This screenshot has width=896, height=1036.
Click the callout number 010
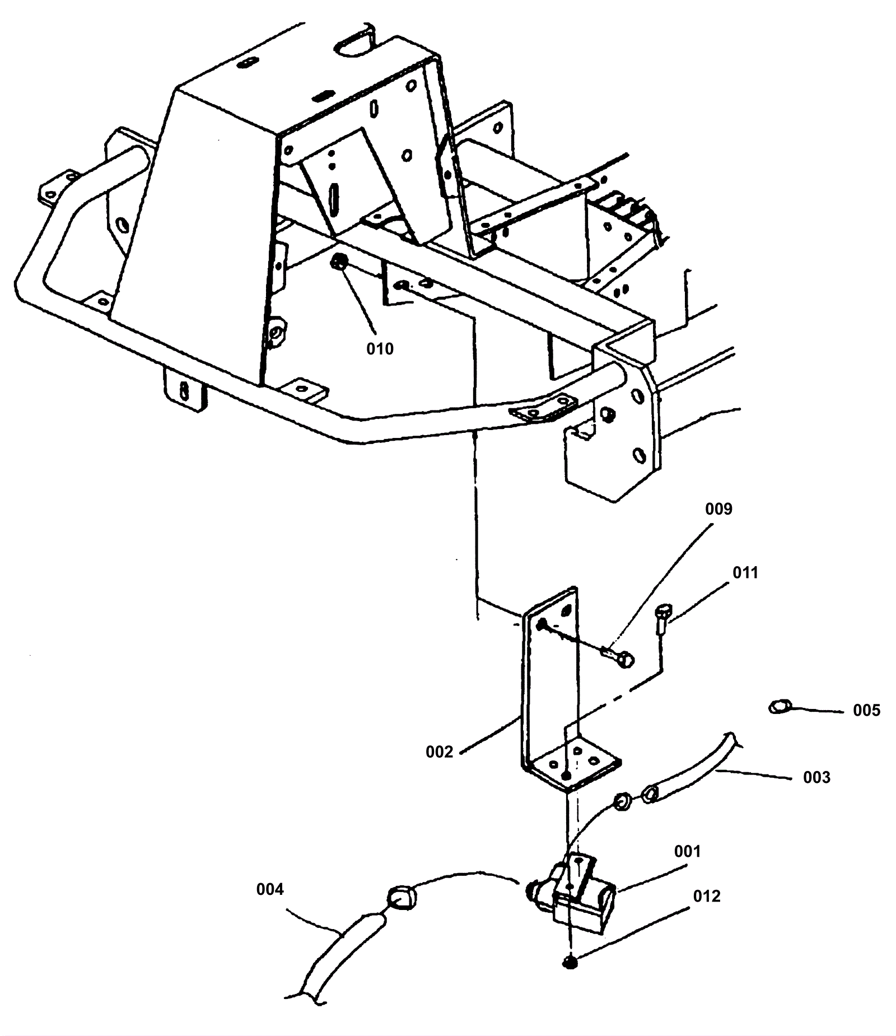[x=380, y=349]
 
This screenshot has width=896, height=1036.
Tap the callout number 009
[x=718, y=509]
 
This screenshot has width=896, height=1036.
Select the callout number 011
[x=745, y=573]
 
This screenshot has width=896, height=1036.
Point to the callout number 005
[x=867, y=711]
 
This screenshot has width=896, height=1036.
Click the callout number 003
[x=816, y=777]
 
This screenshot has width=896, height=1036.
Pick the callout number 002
[x=439, y=752]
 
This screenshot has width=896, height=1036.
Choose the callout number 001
[x=688, y=852]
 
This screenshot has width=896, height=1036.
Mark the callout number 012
[x=707, y=897]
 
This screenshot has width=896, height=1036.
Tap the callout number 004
[x=270, y=889]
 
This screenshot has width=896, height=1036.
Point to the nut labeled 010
[x=339, y=260]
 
